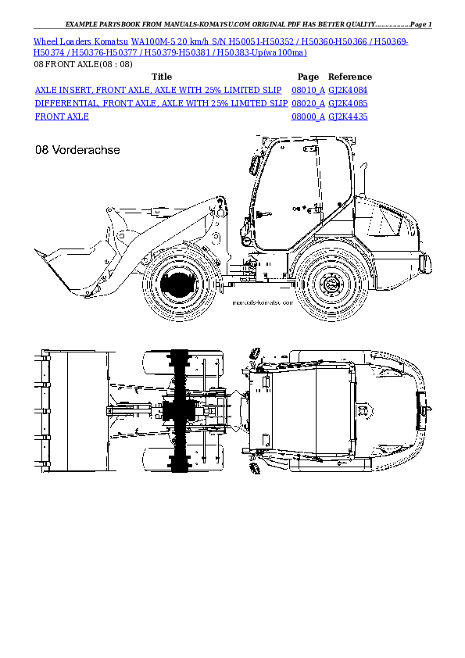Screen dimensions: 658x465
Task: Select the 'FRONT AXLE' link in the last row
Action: (62, 116)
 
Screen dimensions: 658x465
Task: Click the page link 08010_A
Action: (308, 91)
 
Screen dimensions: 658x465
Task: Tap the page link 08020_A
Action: (308, 103)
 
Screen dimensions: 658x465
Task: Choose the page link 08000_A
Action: (308, 116)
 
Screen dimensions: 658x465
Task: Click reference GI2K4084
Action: (348, 91)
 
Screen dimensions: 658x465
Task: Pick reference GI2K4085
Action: (348, 103)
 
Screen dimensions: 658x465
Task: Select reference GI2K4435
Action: (348, 116)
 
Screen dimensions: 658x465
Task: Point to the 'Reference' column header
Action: (349, 77)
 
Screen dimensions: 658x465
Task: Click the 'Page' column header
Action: (308, 77)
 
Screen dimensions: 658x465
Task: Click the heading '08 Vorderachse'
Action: (77, 150)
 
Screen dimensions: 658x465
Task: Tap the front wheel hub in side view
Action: (180, 283)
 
